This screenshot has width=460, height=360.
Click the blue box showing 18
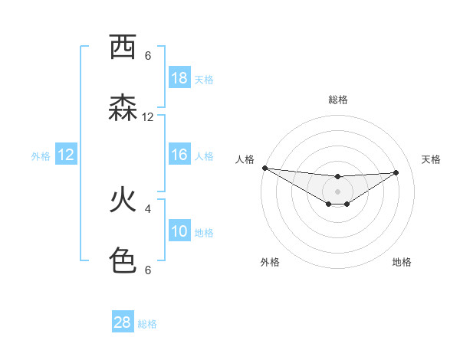[179, 78]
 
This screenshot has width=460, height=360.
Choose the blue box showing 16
[179, 155]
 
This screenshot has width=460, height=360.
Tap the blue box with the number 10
[179, 231]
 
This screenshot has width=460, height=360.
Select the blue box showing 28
[123, 322]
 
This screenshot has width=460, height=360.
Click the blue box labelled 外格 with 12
[66, 155]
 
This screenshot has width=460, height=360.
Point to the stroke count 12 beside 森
[148, 117]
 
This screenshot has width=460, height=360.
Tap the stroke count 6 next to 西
[148, 56]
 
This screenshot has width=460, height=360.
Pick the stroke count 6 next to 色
[148, 270]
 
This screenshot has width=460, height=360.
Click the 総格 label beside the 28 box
[147, 324]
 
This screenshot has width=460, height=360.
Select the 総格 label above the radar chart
[338, 100]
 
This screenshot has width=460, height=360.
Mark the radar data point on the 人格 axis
[264, 168]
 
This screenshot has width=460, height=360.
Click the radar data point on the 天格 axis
[396, 172]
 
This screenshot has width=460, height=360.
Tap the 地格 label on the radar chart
[402, 262]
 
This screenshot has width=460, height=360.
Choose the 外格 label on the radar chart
[270, 262]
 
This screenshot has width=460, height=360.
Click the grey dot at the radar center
[337, 191]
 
